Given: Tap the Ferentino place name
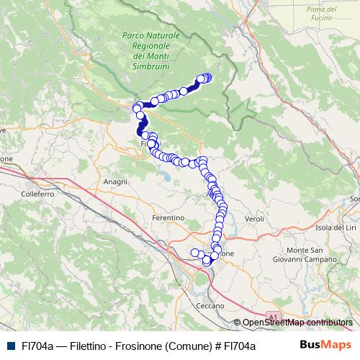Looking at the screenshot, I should [168, 217].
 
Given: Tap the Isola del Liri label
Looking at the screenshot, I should [336, 228].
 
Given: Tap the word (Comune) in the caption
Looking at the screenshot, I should [189, 346].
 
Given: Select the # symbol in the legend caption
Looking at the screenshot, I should [216, 346].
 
